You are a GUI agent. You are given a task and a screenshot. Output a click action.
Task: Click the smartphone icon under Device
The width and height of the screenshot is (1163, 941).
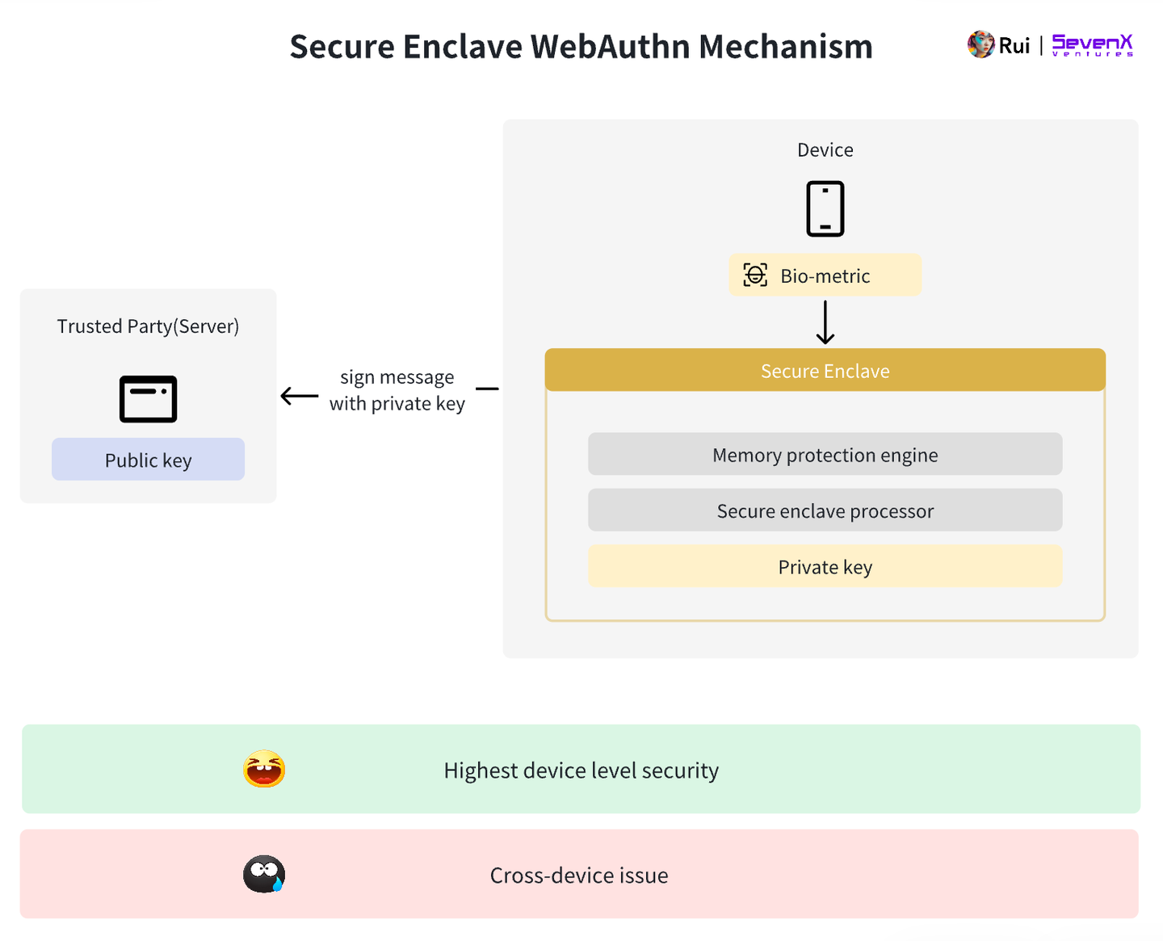tap(825, 209)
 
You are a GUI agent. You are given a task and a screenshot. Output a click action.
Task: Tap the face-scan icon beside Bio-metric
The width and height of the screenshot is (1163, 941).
tap(755, 275)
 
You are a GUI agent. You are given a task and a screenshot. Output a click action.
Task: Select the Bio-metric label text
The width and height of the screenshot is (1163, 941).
tap(825, 276)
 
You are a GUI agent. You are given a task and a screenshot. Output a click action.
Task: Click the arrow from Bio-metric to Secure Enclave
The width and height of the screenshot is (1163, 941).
tap(825, 322)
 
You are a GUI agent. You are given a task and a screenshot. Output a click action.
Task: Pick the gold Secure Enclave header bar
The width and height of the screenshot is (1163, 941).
tap(825, 371)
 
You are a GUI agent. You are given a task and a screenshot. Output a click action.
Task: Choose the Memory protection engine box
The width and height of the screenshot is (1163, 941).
tap(825, 455)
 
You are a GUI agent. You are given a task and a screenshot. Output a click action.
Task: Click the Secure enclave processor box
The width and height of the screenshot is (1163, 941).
tap(825, 510)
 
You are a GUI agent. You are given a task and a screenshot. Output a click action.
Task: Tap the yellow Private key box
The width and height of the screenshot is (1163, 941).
tap(825, 566)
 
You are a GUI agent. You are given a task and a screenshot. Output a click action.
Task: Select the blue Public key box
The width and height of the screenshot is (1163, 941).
tap(148, 460)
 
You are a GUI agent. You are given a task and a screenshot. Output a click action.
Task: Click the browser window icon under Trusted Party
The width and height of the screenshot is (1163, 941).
tap(148, 399)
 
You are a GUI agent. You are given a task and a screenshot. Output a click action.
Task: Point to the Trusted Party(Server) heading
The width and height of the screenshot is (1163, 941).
tap(148, 326)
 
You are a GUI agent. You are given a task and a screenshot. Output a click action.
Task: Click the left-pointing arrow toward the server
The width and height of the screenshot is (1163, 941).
tap(300, 396)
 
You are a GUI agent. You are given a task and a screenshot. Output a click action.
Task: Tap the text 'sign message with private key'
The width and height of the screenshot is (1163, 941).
tap(397, 390)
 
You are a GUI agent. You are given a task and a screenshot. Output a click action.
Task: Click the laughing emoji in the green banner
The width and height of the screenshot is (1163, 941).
tap(264, 769)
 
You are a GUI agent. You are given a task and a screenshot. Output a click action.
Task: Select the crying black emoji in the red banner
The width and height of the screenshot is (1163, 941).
tap(264, 874)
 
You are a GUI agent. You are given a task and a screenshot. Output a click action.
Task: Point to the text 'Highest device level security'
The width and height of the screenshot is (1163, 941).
tap(581, 771)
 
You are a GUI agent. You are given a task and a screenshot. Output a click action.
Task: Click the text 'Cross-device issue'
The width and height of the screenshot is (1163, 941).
tap(579, 876)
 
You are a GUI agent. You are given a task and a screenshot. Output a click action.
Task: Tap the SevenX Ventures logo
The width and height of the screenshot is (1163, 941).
tap(1092, 45)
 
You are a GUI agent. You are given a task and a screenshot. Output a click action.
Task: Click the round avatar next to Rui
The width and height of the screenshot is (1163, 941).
tap(980, 44)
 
